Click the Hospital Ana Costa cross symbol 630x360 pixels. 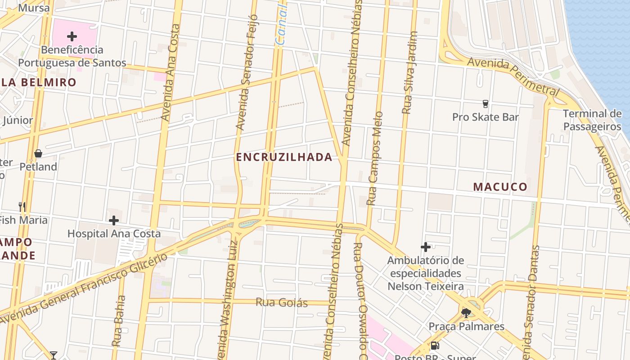(114, 220)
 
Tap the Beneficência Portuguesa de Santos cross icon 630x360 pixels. (72, 36)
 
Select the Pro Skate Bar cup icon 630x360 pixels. (485, 104)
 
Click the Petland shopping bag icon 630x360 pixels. (38, 153)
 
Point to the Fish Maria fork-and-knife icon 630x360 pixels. (22, 207)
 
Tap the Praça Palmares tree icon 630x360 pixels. (466, 312)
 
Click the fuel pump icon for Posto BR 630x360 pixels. (435, 346)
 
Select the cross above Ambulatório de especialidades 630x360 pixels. (426, 247)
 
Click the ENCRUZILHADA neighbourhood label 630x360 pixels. (284, 157)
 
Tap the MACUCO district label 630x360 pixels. (500, 187)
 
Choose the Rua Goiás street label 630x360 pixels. (282, 302)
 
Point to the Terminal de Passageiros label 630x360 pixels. (592, 120)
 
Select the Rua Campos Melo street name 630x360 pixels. (375, 158)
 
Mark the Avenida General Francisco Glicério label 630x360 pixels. (85, 288)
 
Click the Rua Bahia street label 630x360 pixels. (117, 320)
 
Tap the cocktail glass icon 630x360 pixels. (54, 355)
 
